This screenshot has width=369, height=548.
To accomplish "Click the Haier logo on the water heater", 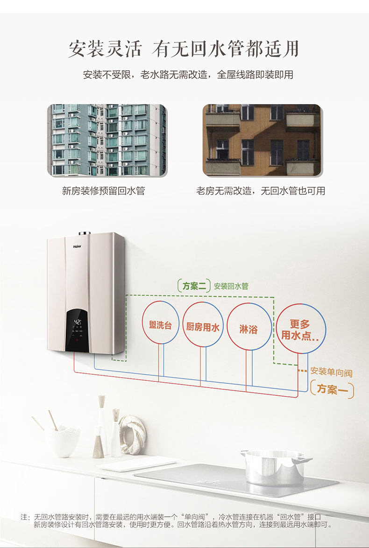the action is click(x=77, y=246).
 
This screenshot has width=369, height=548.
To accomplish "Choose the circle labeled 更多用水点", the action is click(x=300, y=330).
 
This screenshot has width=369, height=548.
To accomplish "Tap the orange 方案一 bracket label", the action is click(x=332, y=389).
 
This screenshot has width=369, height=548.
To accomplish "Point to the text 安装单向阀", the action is click(x=331, y=372).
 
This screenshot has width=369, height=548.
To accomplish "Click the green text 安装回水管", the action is click(x=231, y=286).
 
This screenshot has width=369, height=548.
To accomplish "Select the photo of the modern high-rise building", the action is click(x=106, y=140).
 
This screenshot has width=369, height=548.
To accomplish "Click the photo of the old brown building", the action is click(x=262, y=140).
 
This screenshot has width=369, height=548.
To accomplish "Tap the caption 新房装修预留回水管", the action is click(x=103, y=191).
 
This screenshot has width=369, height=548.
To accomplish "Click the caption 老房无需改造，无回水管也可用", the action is click(x=261, y=191).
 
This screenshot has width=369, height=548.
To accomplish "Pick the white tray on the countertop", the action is click(x=138, y=463).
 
